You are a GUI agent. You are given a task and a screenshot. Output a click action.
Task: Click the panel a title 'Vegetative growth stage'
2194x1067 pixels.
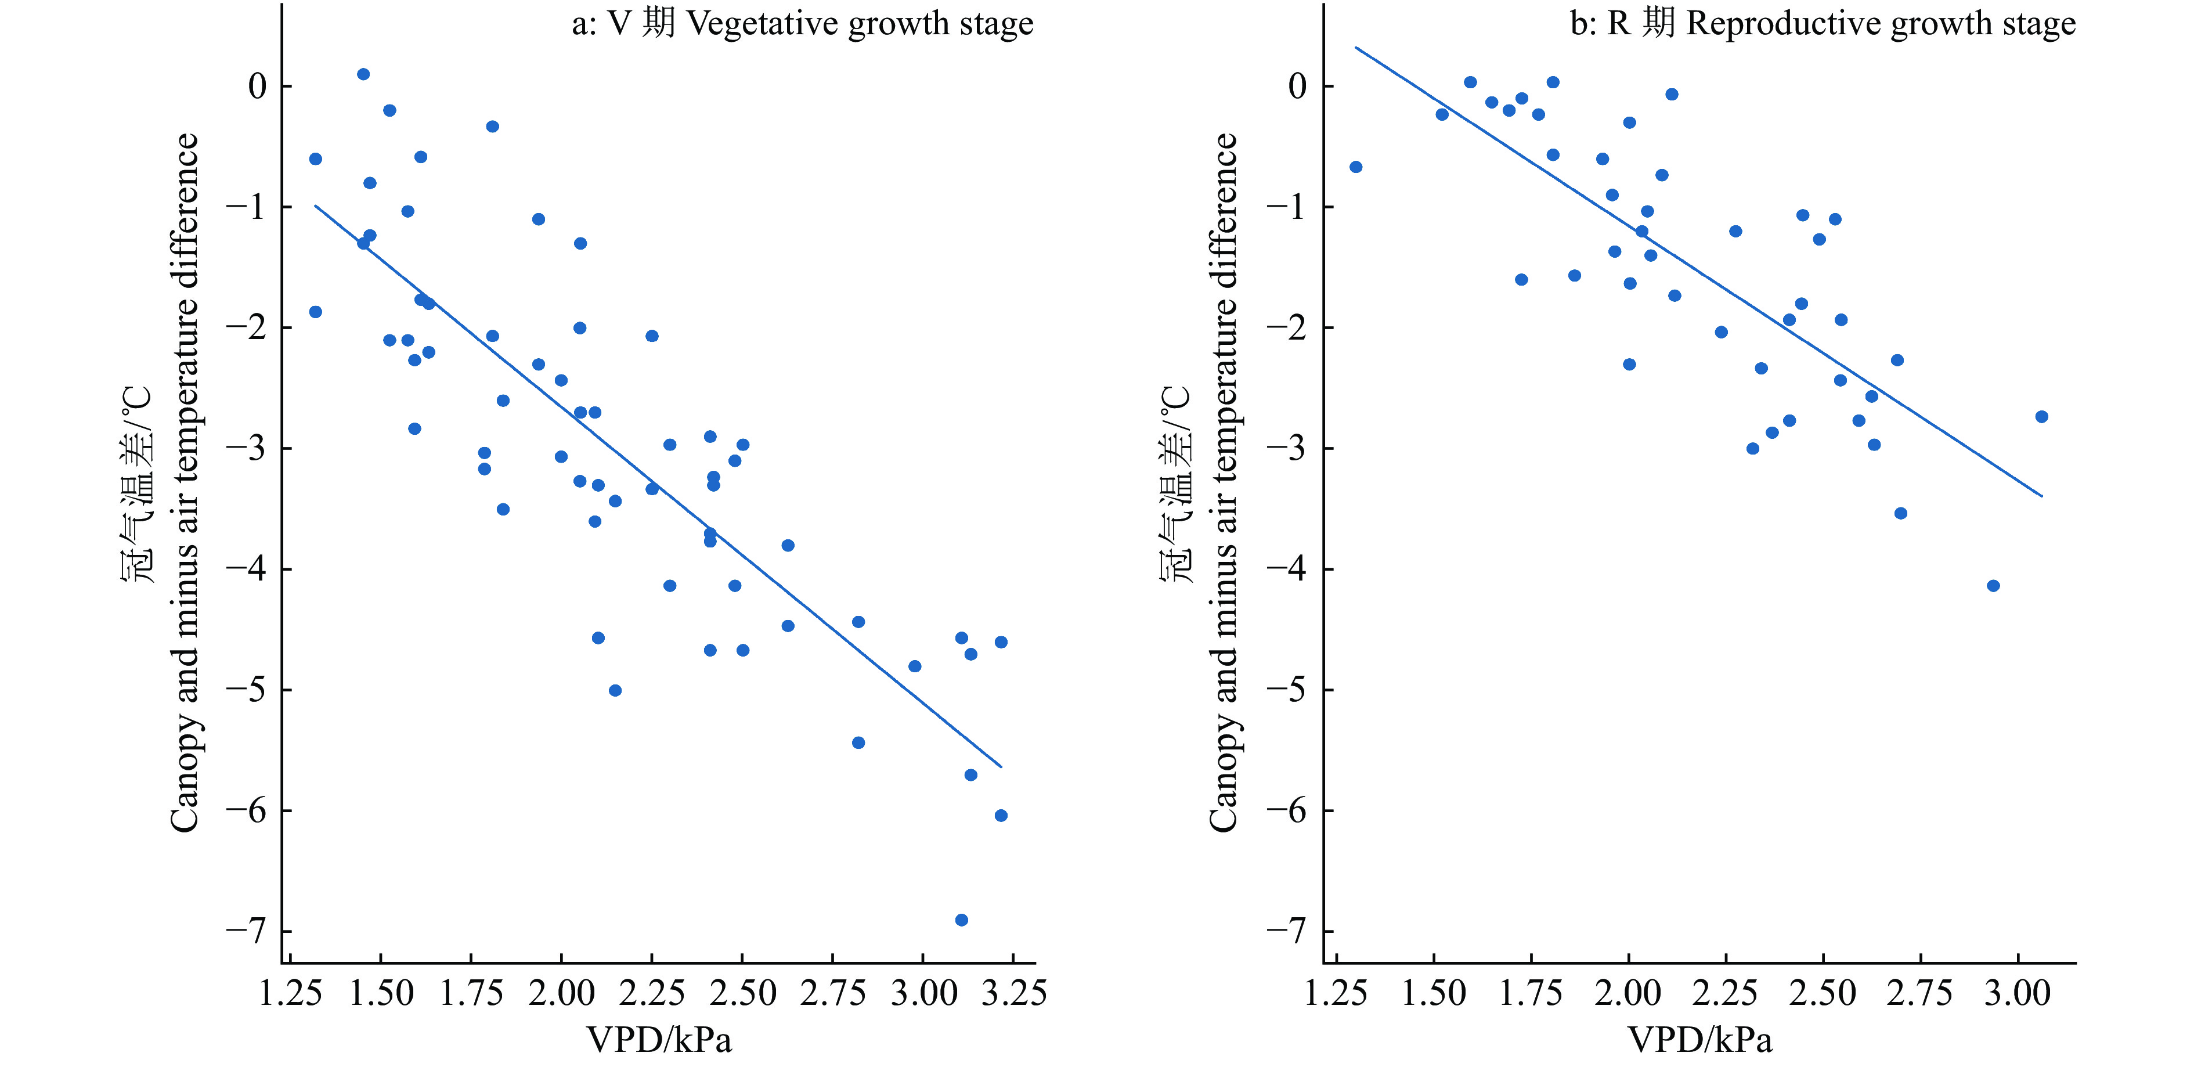802,24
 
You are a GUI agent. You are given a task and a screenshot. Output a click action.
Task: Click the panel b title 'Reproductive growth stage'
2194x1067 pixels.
1823,24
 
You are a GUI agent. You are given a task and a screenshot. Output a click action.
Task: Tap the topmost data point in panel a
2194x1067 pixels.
363,74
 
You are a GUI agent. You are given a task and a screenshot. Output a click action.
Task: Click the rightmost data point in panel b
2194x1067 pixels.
2041,416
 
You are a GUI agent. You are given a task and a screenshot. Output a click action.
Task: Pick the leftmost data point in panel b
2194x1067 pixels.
1356,167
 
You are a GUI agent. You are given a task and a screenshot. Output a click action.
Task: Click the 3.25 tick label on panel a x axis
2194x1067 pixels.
1013,993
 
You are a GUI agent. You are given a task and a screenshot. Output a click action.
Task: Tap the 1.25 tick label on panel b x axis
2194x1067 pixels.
1336,993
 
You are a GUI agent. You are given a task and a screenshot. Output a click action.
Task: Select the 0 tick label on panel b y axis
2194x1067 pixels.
1297,86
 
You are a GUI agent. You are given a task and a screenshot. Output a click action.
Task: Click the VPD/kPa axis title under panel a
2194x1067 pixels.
659,1040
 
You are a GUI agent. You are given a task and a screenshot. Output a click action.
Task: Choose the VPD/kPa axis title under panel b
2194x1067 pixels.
1700,1040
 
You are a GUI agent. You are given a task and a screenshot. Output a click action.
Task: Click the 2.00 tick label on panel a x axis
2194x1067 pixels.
561,993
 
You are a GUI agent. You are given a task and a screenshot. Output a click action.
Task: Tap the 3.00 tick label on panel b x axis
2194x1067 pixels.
2018,993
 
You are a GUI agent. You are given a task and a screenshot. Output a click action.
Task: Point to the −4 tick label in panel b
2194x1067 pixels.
1286,569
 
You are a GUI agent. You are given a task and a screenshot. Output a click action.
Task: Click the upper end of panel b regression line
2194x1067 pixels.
1356,48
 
